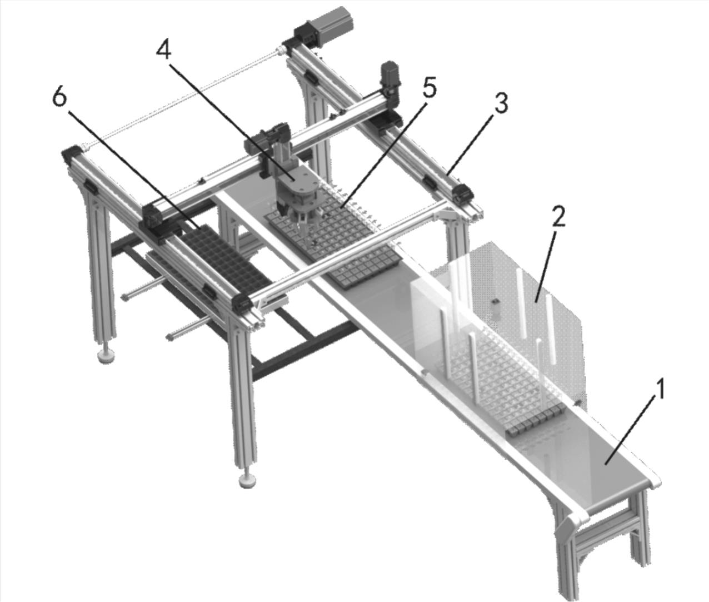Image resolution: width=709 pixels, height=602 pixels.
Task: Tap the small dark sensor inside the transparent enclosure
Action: point(495,302)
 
